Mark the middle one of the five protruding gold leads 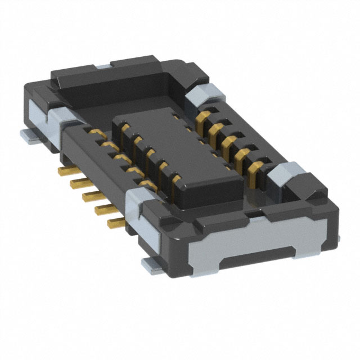88,195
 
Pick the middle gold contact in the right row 228,140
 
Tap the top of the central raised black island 180,152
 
